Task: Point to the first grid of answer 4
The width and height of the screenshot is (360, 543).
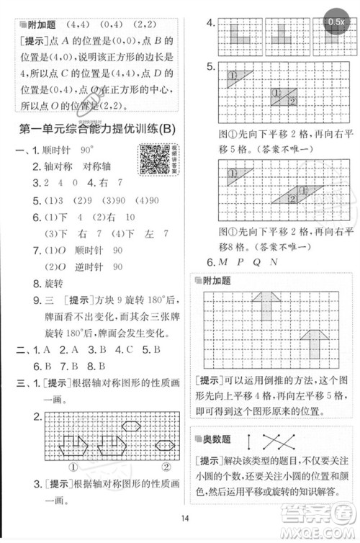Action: click(x=240, y=36)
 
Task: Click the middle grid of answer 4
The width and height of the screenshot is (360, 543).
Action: click(x=283, y=36)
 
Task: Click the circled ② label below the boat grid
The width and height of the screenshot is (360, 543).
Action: click(x=165, y=466)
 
